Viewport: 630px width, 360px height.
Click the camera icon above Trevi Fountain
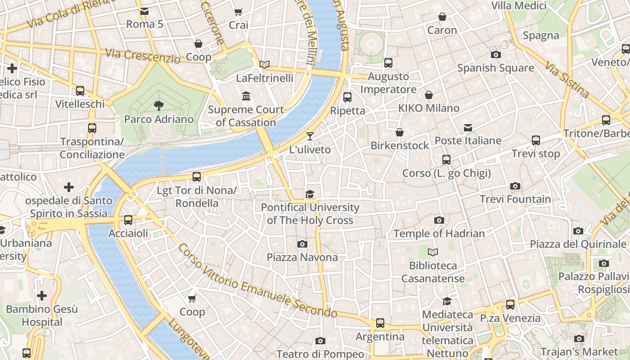tap(515, 186)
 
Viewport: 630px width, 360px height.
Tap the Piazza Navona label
tap(302, 257)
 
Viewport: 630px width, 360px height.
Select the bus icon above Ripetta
tap(347, 97)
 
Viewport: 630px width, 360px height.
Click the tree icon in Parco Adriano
tap(158, 106)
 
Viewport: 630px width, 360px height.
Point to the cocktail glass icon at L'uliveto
tap(310, 136)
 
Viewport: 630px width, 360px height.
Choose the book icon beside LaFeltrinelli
tap(265, 65)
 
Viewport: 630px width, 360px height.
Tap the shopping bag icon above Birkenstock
tap(399, 132)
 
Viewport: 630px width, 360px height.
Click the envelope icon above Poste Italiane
tap(468, 128)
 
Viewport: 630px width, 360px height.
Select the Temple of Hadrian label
tap(439, 234)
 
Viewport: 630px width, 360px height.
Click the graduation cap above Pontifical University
tap(310, 194)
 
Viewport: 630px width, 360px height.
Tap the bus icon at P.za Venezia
tap(510, 305)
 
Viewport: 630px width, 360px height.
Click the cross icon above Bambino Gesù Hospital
tap(42, 296)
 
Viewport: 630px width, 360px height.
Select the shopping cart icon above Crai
tap(238, 12)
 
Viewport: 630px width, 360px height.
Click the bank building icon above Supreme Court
tap(246, 96)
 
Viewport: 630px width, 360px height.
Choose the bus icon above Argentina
tap(380, 323)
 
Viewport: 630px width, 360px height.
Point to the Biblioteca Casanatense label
tap(433, 272)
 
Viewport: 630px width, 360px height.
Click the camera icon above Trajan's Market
tap(579, 338)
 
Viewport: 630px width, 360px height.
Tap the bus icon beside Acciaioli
tap(128, 220)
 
